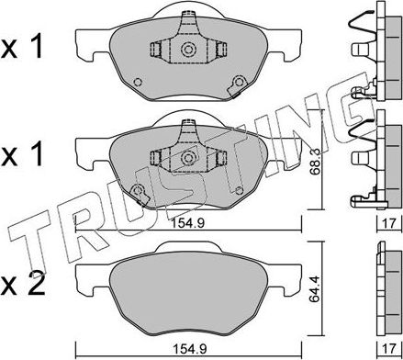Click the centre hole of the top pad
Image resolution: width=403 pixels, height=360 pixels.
(187, 51)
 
